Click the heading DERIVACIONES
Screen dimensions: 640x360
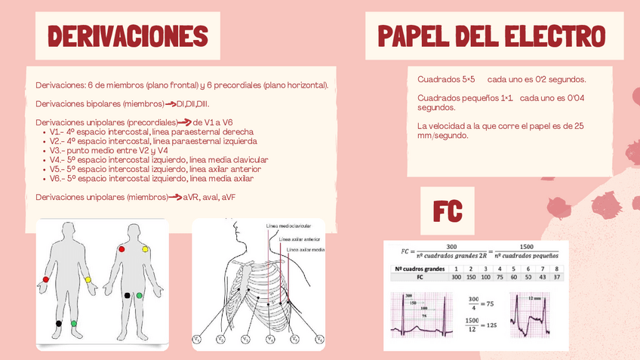click(x=128, y=35)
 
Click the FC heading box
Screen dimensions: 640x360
click(x=447, y=211)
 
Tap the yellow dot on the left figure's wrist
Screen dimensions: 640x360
click(x=88, y=280)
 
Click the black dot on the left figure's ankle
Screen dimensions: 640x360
click(x=58, y=323)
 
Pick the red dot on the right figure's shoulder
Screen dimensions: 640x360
click(x=121, y=249)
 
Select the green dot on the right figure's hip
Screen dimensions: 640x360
click(x=139, y=295)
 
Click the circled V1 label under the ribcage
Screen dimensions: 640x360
click(x=197, y=340)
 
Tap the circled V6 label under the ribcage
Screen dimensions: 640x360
click(x=318, y=340)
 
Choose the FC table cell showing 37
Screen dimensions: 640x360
click(x=556, y=277)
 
